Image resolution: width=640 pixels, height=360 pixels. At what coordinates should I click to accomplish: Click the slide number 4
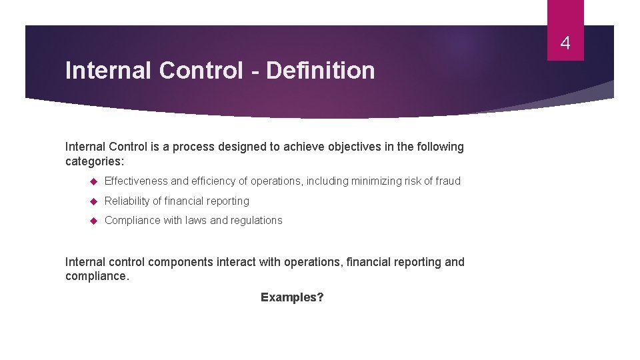565,44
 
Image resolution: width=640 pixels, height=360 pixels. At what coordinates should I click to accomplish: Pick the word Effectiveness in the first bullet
136,181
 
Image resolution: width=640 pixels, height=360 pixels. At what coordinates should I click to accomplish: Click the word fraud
447,181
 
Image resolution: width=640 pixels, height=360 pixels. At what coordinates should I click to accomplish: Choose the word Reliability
127,201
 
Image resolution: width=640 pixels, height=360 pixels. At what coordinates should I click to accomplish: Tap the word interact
235,262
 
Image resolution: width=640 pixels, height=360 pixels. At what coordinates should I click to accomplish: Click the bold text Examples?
292,297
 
